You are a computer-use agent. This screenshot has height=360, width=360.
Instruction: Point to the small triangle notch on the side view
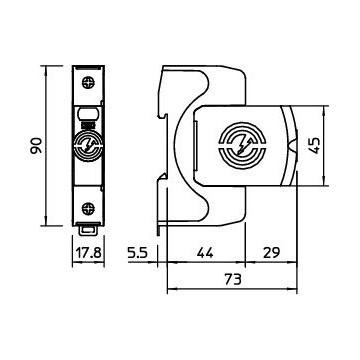tap(291, 146)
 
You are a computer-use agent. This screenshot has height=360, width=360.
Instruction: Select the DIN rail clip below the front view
tap(87, 229)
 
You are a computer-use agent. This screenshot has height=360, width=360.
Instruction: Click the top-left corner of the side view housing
tap(165, 69)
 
